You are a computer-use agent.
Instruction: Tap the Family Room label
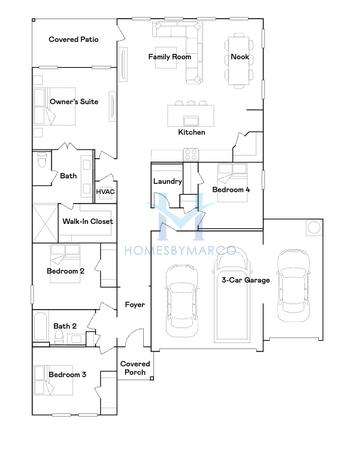pos(169,57)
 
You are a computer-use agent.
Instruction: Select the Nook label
pos(239,57)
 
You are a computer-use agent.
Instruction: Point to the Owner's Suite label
pos(74,102)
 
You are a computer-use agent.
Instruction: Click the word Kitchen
pos(191,132)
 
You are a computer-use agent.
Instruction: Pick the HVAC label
pos(106,190)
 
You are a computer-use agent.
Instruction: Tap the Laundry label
pos(166,181)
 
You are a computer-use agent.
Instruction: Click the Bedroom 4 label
pos(231,187)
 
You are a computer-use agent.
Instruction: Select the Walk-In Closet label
pos(87,221)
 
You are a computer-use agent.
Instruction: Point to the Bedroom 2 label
pos(65,270)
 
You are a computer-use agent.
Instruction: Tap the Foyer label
pos(135,304)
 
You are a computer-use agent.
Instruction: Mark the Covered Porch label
pos(133,368)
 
